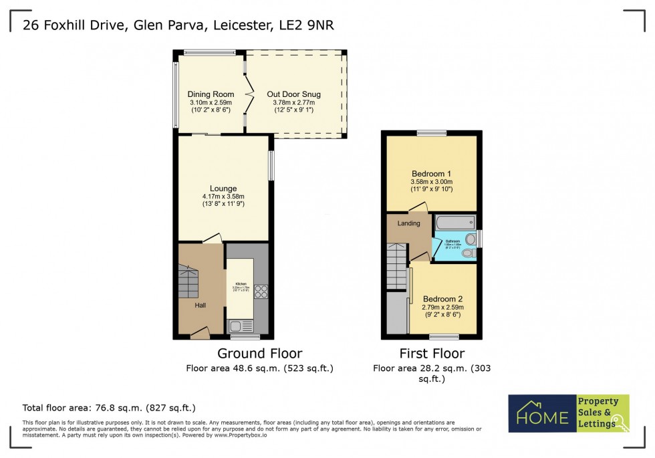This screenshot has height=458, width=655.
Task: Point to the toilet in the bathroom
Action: [470, 239]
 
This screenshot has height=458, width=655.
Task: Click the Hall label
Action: [201, 306]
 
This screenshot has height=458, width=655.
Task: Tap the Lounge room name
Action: [223, 189]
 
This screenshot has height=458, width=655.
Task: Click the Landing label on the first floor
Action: [408, 223]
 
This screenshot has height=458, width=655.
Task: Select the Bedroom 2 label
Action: [442, 299]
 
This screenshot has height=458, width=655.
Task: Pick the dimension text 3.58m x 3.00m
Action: [432, 181]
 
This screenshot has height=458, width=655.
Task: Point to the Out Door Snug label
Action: [293, 94]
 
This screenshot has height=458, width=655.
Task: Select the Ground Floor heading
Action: [260, 354]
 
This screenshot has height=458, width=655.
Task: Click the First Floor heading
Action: [431, 354]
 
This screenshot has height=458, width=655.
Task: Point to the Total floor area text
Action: [109, 407]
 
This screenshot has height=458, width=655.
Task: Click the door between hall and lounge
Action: [213, 239]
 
